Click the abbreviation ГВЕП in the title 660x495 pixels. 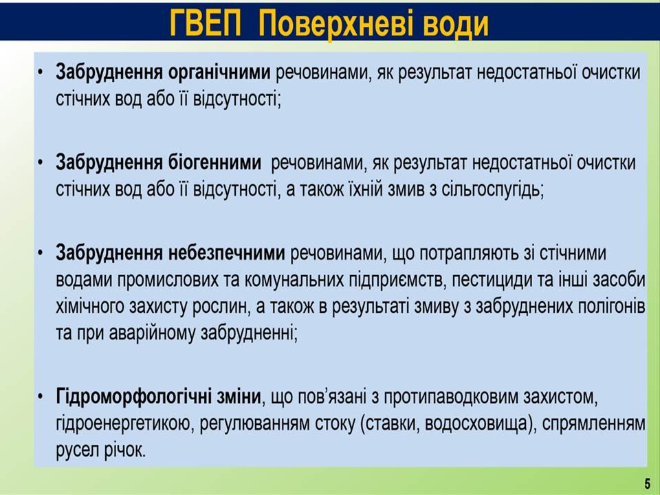(x=206, y=23)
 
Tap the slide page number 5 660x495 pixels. (x=647, y=484)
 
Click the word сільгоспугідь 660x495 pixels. (x=492, y=190)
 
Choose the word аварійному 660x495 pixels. (x=153, y=334)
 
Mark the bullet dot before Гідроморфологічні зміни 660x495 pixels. (x=40, y=397)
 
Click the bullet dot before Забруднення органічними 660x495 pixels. (x=40, y=72)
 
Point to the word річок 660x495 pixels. (x=124, y=451)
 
